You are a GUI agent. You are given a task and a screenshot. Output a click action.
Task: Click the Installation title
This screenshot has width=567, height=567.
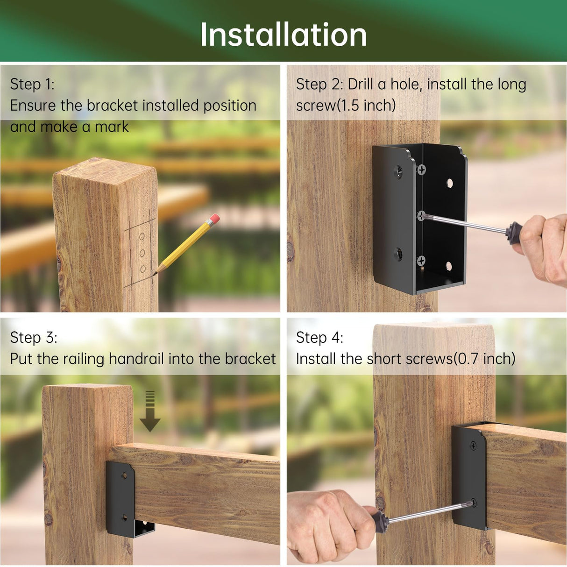point(283,35)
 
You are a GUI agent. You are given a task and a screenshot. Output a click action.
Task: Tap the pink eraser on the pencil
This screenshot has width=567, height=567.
point(213,219)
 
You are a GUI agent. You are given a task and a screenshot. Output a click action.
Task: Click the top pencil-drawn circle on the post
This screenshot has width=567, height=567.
point(142,237)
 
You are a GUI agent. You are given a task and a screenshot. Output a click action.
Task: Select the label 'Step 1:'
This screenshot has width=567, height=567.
point(32,84)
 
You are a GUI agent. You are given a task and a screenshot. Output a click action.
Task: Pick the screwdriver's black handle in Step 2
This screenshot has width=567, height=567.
point(514,232)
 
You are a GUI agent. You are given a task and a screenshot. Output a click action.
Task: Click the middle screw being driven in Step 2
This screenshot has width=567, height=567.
point(421,215)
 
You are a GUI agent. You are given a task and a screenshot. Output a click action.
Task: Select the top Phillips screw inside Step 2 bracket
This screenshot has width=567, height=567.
point(421,170)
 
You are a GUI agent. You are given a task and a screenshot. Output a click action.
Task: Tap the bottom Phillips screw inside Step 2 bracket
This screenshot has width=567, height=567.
point(421,260)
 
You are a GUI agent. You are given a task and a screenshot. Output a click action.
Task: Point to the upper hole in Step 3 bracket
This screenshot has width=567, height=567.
point(124,476)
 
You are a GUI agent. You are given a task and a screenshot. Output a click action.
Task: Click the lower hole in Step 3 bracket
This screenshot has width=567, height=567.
point(124,517)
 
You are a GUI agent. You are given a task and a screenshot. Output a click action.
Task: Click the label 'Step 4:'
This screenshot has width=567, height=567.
point(319,337)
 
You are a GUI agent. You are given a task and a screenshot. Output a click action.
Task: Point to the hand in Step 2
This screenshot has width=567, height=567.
point(544,248)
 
